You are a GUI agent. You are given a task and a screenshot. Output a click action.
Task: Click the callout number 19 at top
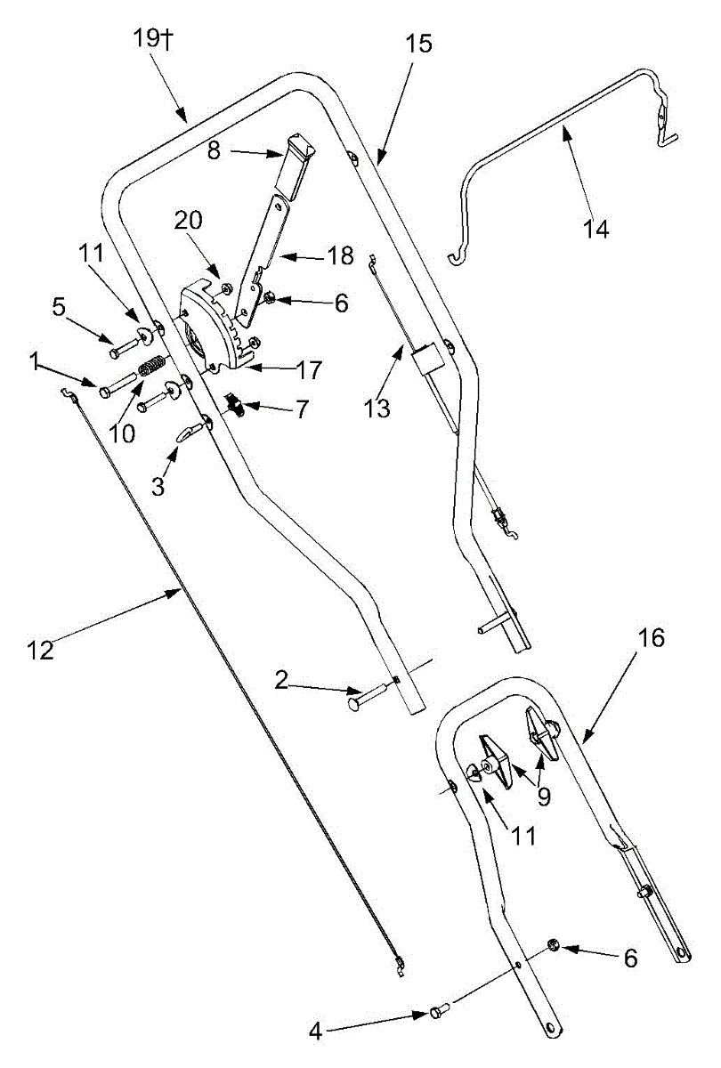[146, 37]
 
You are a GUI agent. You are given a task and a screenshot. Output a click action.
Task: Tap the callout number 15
[418, 44]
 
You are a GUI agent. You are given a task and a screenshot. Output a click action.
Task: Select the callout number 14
[596, 229]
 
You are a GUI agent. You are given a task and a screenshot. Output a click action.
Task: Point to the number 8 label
[215, 151]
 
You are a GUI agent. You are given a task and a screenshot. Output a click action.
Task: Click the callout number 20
[189, 220]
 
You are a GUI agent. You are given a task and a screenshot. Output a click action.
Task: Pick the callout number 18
[340, 255]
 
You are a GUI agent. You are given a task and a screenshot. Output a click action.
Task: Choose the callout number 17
[309, 370]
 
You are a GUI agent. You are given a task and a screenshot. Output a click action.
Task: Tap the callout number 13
[377, 409]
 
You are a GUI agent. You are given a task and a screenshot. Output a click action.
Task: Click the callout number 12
[41, 650]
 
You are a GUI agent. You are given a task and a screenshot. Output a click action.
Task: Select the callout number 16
[651, 637]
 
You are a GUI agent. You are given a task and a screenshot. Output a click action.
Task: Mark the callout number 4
[316, 1032]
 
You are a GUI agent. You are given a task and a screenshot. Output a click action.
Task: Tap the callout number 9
[545, 797]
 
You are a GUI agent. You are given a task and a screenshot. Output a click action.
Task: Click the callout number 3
[158, 486]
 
